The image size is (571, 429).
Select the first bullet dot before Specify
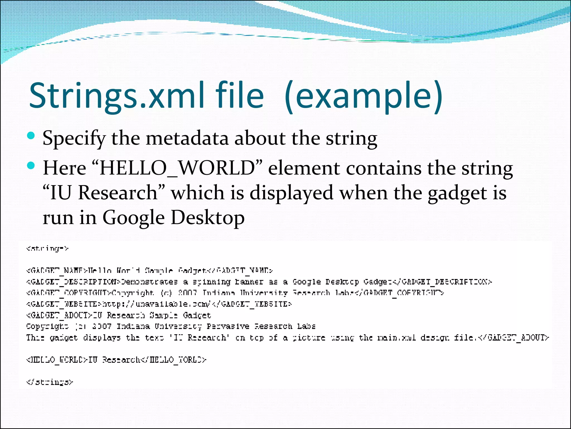tap(31, 136)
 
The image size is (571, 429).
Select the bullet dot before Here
tap(31, 166)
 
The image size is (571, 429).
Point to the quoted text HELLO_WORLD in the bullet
tap(177, 168)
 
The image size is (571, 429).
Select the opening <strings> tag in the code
tap(47, 248)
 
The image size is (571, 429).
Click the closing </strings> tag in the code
tap(50, 382)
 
